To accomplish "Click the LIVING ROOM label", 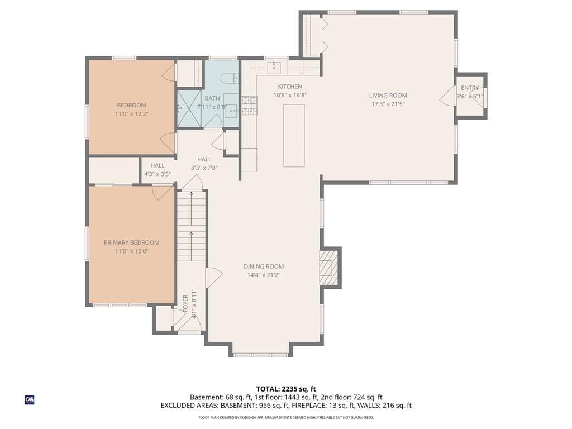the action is [388, 96].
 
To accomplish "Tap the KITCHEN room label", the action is [290, 87].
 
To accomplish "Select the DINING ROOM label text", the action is [264, 266].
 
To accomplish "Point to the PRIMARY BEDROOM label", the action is [132, 242].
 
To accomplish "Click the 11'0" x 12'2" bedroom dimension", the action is [132, 114].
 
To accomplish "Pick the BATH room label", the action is [212, 98].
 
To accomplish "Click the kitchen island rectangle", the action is [294, 136].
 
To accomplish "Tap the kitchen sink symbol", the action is [274, 68].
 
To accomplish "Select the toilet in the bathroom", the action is [230, 78].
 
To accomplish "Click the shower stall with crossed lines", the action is [189, 108].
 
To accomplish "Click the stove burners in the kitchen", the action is [250, 106].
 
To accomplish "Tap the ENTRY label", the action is [470, 88].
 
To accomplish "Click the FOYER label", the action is [185, 303].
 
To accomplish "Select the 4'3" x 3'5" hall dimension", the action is [158, 174].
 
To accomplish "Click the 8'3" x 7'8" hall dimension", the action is [204, 168].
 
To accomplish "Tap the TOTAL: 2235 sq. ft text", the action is [286, 389].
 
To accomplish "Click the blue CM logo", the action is [30, 400].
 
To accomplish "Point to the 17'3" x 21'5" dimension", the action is [388, 104].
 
